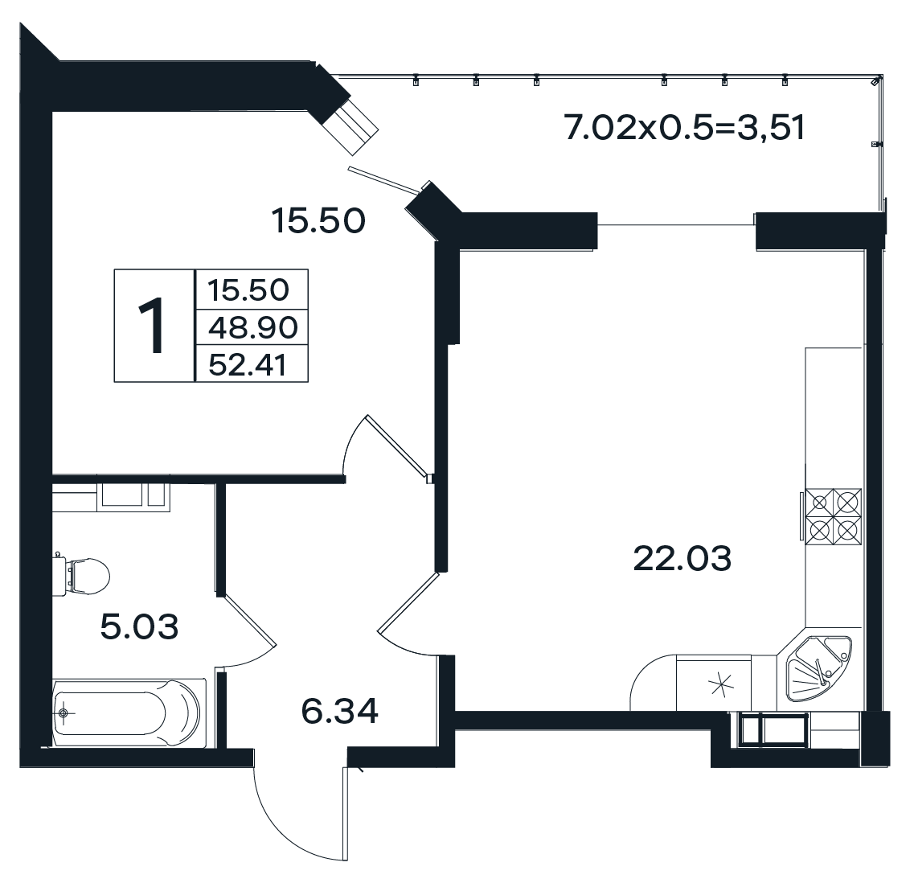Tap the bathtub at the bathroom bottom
click(129, 712)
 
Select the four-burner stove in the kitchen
click(833, 517)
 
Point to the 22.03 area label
click(682, 558)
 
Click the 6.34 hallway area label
click(340, 711)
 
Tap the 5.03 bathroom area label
click(139, 627)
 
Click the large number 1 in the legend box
click(154, 325)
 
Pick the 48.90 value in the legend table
click(253, 327)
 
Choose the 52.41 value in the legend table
click(248, 365)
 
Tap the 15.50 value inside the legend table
click(248, 290)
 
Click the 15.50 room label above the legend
click(318, 220)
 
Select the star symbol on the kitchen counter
click(721, 684)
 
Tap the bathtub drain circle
click(64, 712)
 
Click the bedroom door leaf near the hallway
click(397, 446)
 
